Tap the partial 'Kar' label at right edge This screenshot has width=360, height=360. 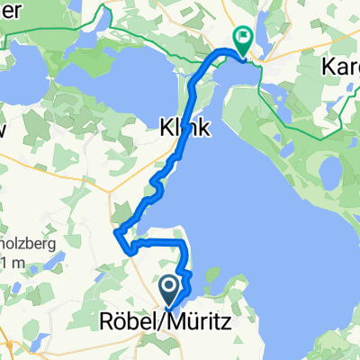coord(341,67)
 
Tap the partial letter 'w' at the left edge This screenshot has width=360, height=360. coord(4,129)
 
